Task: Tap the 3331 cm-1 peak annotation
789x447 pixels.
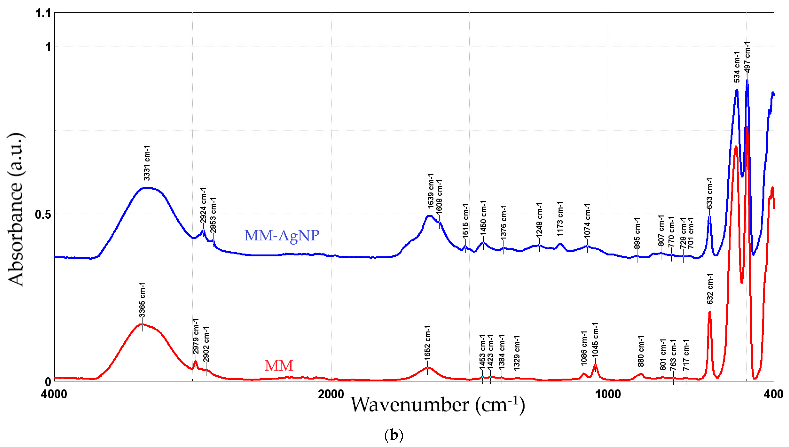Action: click(x=147, y=163)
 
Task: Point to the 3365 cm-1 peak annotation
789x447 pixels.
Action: click(x=142, y=300)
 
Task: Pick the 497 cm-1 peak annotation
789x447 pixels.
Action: click(x=747, y=57)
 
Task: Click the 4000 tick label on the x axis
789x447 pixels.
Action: click(x=54, y=394)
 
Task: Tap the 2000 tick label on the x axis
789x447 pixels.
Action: click(x=331, y=394)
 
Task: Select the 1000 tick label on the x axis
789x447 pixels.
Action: click(x=608, y=394)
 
